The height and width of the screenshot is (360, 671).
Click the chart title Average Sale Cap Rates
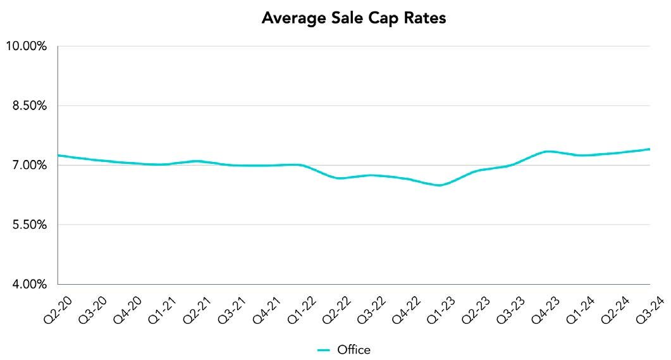tap(354, 18)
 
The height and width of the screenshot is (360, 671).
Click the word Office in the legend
tap(354, 350)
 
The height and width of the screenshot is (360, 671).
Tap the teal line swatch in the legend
tap(324, 350)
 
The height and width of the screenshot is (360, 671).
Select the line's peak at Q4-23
tap(547, 151)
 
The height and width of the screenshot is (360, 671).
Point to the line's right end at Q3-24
tap(649, 149)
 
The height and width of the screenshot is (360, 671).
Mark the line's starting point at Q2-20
tap(58, 155)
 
